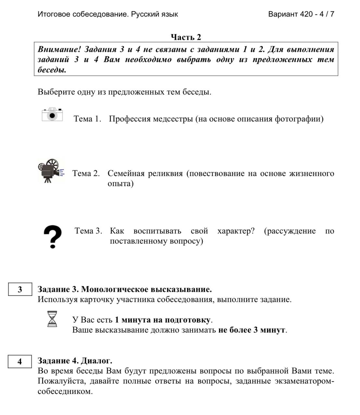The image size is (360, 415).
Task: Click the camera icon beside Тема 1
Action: tap(52, 114)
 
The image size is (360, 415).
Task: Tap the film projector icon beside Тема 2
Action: tap(50, 170)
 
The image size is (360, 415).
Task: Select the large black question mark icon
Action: tap(53, 237)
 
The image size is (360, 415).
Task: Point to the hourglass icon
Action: tap(52, 319)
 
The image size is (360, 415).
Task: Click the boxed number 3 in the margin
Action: tap(20, 289)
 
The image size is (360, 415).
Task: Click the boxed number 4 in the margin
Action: tap(20, 361)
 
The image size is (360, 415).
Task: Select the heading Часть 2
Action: tap(186, 37)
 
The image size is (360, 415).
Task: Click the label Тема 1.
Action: tap(87, 119)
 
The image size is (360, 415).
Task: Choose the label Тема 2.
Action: tap(86, 173)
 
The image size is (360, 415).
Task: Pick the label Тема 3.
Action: tap(88, 231)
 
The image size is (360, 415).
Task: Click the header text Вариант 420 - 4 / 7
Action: tap(301, 14)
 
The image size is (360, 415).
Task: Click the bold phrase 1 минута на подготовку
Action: tap(163, 320)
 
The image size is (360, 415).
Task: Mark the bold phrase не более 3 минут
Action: tap(252, 330)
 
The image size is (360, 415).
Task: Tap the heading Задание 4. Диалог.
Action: tap(75, 361)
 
